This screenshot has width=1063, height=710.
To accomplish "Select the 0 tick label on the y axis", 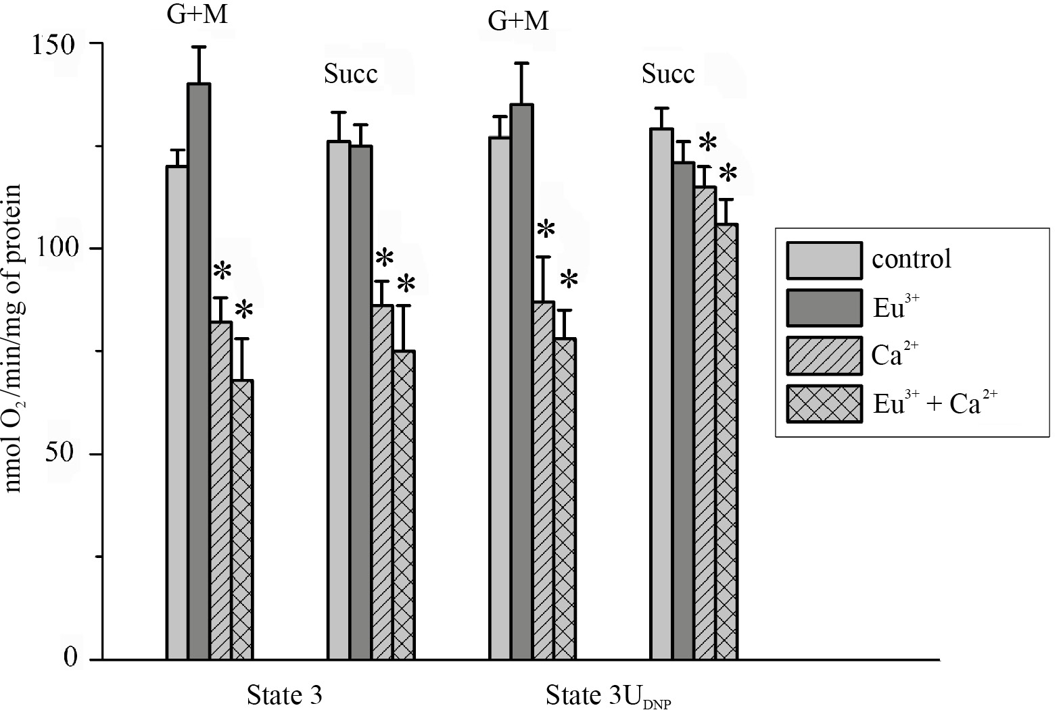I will (x=71, y=657).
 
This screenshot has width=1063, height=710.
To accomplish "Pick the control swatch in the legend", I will (x=824, y=260).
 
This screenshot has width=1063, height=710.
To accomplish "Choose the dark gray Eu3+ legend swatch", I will (x=824, y=308).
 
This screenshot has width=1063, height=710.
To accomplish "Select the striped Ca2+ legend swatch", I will (x=824, y=355).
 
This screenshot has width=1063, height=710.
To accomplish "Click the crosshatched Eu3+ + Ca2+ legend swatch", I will (x=824, y=404).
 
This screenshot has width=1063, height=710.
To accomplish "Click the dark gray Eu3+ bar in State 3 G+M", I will (x=199, y=372).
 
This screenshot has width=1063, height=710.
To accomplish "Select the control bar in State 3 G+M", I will (x=177, y=412).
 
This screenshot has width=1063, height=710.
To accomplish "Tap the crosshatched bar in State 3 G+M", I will (x=242, y=520).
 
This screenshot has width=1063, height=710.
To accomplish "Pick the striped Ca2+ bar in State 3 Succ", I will (x=382, y=483).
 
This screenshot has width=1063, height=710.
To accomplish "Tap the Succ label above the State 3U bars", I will (x=668, y=74).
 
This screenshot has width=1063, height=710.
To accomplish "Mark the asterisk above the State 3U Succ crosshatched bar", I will (x=728, y=174).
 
